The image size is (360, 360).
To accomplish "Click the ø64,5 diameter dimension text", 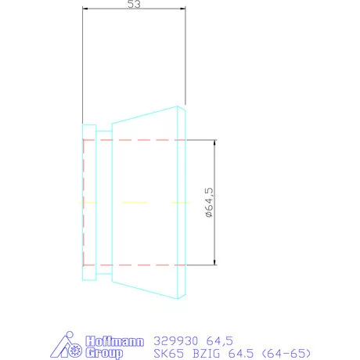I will coord(208,203).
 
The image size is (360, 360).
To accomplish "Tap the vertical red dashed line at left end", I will coord(83,202).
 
